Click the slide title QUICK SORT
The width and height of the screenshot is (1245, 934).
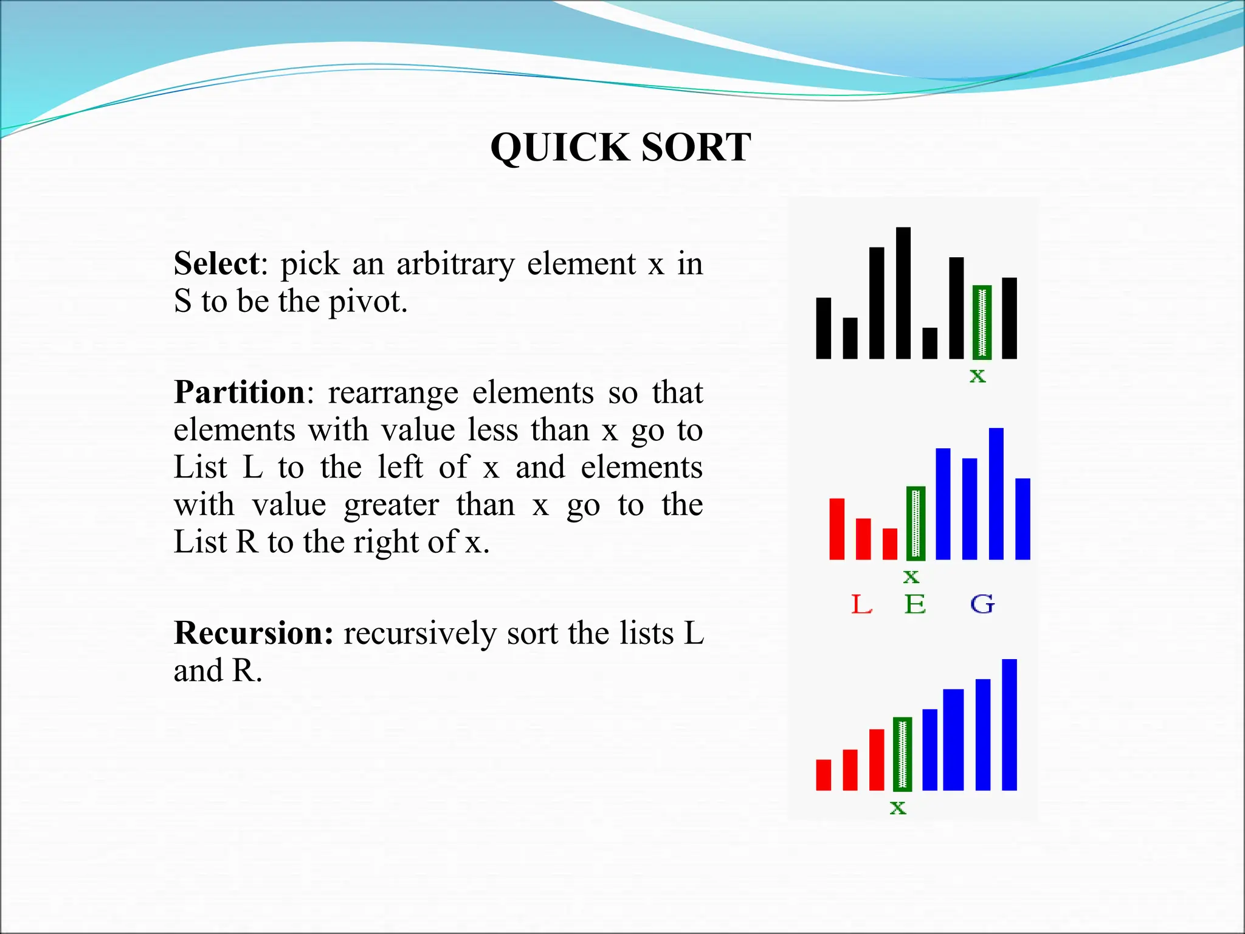click(x=621, y=147)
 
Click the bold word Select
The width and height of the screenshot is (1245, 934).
click(x=217, y=264)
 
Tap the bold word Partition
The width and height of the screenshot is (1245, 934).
click(x=239, y=392)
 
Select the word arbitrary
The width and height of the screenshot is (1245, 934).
click(x=455, y=264)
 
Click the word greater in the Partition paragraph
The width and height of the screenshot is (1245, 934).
click(x=391, y=505)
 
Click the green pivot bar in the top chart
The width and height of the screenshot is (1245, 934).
click(x=982, y=322)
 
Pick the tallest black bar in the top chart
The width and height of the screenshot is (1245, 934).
click(x=903, y=293)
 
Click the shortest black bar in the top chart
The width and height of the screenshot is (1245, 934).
click(x=929, y=343)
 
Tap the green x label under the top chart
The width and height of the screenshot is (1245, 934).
click(x=978, y=376)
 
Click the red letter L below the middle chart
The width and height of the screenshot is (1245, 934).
click(x=861, y=604)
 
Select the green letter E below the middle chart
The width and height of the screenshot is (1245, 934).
click(x=915, y=604)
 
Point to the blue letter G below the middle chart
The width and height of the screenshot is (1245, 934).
click(x=982, y=604)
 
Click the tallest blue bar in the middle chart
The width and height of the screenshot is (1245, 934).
click(x=996, y=494)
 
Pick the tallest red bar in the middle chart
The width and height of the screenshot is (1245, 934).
click(x=836, y=529)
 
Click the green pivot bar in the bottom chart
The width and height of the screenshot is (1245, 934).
click(x=902, y=754)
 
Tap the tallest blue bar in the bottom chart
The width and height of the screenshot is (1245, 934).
click(x=1009, y=725)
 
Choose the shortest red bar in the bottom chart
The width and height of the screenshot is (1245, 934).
click(x=823, y=775)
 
